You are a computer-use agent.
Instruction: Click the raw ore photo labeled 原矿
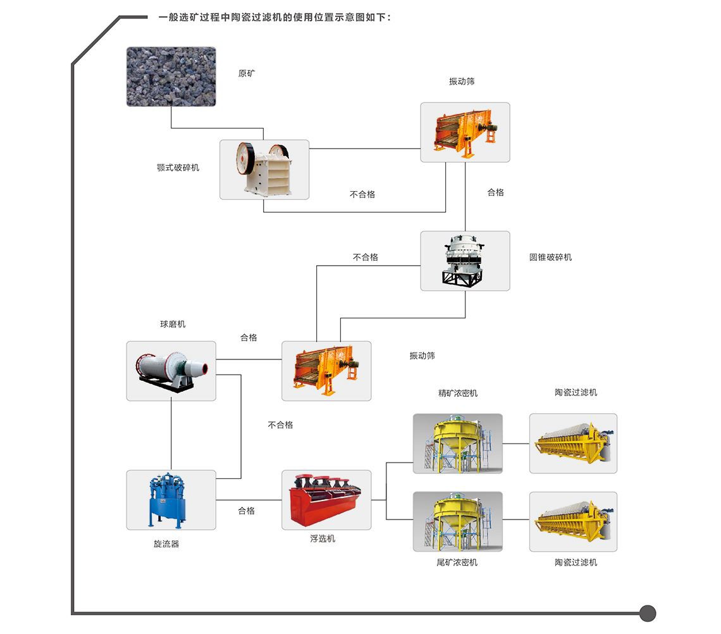(171, 76)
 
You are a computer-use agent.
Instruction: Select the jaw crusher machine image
(264, 170)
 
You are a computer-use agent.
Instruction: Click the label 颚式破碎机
(178, 168)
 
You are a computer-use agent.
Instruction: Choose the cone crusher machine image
(465, 261)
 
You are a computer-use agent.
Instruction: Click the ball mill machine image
(171, 371)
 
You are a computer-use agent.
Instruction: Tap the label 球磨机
(173, 325)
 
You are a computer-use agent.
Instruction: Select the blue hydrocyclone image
(171, 500)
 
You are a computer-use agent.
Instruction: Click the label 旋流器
(166, 544)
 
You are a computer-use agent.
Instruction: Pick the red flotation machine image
(326, 500)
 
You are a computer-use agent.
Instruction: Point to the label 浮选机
(323, 539)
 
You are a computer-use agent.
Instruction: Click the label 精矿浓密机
(458, 393)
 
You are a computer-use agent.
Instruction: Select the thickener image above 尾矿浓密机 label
(458, 521)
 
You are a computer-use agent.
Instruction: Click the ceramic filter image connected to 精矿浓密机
(573, 443)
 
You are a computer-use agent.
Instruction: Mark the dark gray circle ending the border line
(648, 613)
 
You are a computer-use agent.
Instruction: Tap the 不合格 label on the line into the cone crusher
(366, 258)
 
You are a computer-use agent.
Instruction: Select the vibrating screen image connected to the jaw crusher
(465, 132)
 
